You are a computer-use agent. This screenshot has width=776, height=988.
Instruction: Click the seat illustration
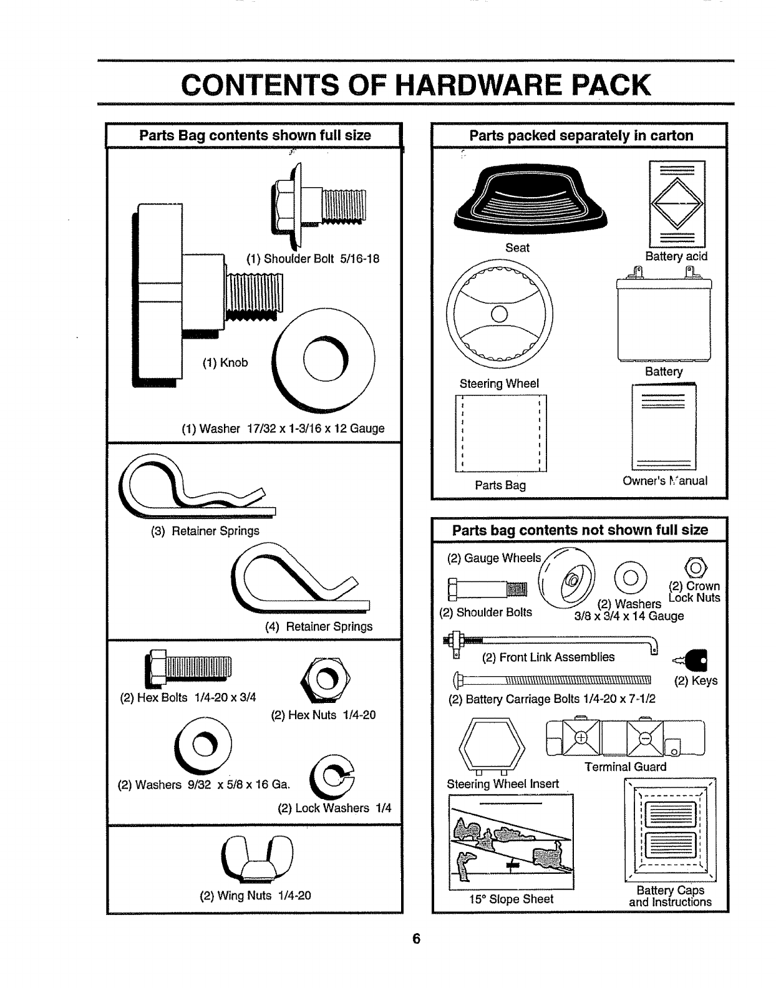[x=531, y=201]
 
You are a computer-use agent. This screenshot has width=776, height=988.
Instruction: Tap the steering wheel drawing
[x=500, y=313]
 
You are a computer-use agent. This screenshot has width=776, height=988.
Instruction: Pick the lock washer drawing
[x=335, y=777]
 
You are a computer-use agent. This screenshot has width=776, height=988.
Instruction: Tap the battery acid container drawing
[x=677, y=203]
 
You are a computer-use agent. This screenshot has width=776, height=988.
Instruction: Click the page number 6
[x=417, y=939]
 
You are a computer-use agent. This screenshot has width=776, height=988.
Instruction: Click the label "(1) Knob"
[x=225, y=362]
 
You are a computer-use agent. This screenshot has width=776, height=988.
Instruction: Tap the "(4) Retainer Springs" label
[x=319, y=626]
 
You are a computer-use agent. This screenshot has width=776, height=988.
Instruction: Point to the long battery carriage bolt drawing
[x=552, y=679]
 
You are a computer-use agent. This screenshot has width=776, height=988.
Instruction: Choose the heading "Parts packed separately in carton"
[x=581, y=135]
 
